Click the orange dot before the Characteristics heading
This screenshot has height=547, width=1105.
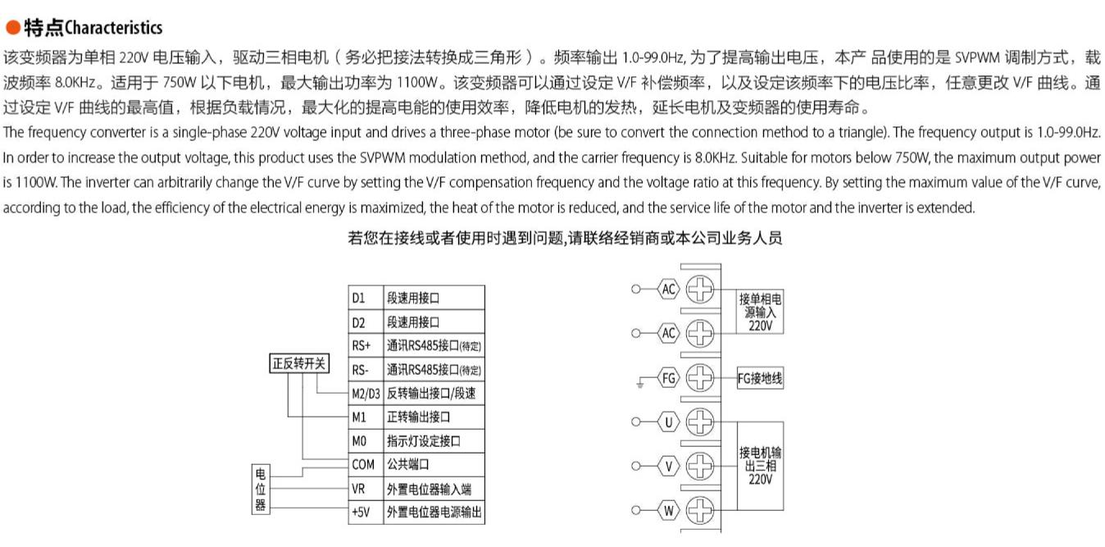point(13,28)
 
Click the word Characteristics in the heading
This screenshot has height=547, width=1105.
point(113,28)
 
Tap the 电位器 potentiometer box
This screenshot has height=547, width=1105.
point(261,489)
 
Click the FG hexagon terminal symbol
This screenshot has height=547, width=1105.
point(670,378)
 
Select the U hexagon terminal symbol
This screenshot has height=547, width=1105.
point(670,422)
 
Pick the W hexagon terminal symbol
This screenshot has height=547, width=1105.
point(670,511)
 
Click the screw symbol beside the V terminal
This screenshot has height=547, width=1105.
point(700,467)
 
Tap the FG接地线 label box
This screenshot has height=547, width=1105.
point(760,378)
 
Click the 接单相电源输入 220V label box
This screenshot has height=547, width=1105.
point(760,312)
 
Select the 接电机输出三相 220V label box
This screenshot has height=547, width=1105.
point(760,466)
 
